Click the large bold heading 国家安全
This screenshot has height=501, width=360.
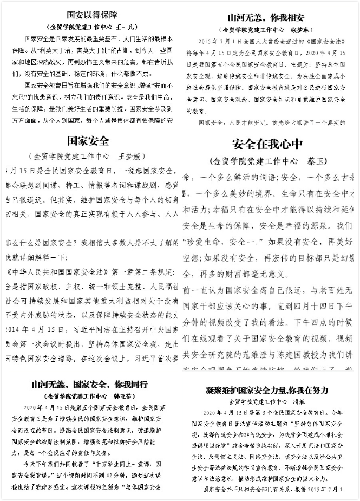click(x=88, y=141)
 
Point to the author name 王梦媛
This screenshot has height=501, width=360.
click(x=132, y=157)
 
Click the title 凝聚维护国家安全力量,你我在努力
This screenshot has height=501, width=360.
click(x=267, y=390)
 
